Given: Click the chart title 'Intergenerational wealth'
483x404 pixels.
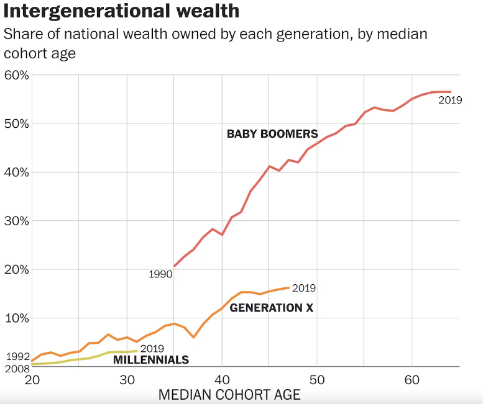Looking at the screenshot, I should coord(122,12).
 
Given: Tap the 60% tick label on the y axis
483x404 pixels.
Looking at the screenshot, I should coord(16,75).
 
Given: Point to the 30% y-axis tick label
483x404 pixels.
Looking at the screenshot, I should coord(16,221).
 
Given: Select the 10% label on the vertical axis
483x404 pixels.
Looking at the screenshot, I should coord(16,318).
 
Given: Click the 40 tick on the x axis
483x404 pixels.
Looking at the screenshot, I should coord(222,380).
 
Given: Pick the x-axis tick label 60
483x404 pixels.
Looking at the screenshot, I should coord(412,380).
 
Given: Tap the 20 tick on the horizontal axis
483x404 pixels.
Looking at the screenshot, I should coord(32,380).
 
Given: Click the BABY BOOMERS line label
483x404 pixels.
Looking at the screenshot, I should coord(272,133).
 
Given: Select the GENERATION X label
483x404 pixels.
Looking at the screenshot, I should coord(272,307).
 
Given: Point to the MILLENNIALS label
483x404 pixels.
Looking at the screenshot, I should coord(151,359).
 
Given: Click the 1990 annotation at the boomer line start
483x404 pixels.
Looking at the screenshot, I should coord(160,274).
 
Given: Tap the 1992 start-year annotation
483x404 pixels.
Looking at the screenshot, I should coord(18,357).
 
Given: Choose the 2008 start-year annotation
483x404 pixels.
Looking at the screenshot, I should coord(18,369).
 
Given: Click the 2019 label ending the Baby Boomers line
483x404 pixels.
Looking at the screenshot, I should coord(450,100).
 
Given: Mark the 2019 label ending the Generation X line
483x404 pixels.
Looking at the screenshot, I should coord(304,288).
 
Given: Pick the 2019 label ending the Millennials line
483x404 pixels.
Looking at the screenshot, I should coord(152,349).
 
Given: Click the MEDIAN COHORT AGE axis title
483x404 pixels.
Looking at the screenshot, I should coord(229,395).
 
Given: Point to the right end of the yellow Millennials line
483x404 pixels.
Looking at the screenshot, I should coord(137,351).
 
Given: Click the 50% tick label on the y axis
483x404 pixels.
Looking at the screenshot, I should coord(16,123).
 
